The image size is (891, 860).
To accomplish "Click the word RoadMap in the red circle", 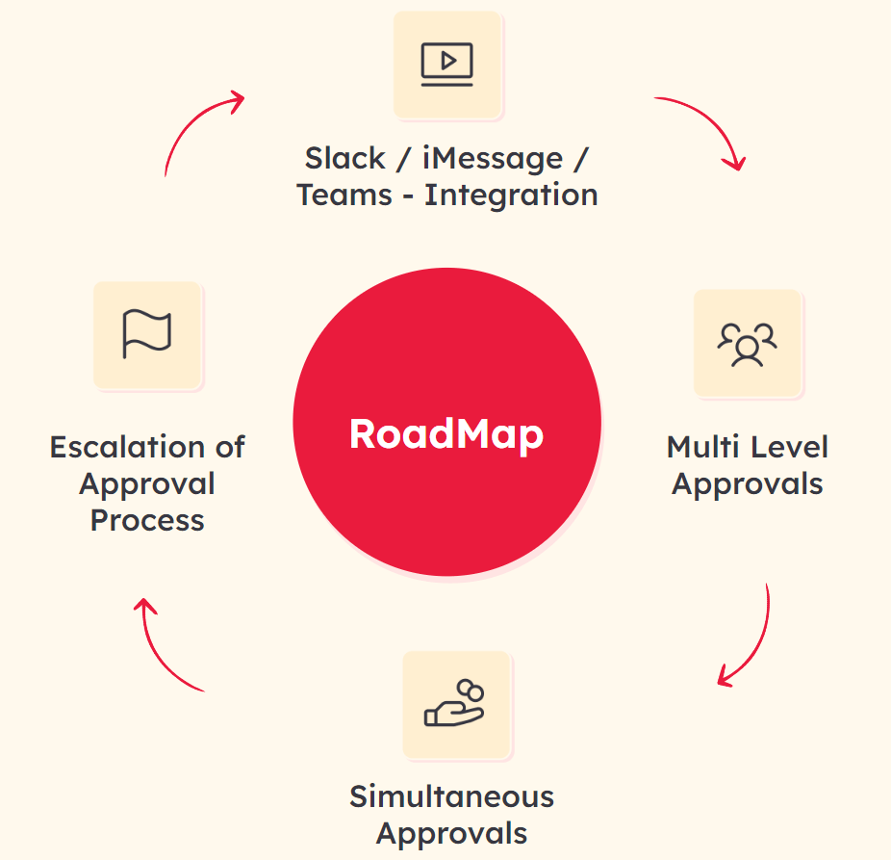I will pyautogui.click(x=446, y=433).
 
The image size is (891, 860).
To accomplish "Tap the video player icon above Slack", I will pyautogui.click(x=447, y=64).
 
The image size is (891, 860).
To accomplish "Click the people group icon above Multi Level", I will pyautogui.click(x=748, y=344).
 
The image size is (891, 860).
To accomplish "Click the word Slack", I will pyautogui.click(x=345, y=158).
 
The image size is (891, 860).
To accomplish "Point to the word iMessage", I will pyautogui.click(x=493, y=158).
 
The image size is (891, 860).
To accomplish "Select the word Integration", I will pyautogui.click(x=511, y=195).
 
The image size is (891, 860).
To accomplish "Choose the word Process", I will pyautogui.click(x=147, y=520).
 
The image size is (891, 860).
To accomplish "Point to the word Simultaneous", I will pyautogui.click(x=451, y=796).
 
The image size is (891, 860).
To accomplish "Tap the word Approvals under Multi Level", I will pyautogui.click(x=748, y=483).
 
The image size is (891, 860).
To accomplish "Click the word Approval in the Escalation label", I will pyautogui.click(x=147, y=483).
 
